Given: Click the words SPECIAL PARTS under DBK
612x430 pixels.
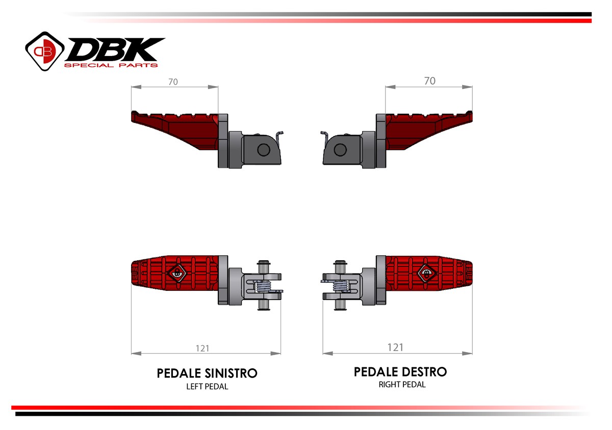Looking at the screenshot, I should coord(111,65).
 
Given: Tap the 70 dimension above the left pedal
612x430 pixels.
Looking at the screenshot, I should coord(173,82).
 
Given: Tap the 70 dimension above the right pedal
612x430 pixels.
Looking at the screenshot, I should coord(430,81).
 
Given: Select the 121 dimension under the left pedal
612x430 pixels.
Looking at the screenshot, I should coord(202,348).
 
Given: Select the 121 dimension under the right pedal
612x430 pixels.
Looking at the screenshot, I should coord(395,347).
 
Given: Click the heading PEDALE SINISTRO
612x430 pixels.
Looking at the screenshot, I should coord(207,373).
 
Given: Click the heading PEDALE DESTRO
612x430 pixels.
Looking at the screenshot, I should coord(400,372).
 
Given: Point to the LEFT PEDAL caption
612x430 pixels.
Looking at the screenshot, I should coord(207,387).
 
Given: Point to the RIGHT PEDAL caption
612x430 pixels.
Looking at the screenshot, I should coord(402,385).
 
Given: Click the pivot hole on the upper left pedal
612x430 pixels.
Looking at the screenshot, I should coord(264,150).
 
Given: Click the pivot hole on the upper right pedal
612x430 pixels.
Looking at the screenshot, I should coord(340,150).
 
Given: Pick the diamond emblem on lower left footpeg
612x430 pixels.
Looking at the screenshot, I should coord(177,274).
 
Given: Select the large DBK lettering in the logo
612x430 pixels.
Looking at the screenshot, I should coord(115,49).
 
